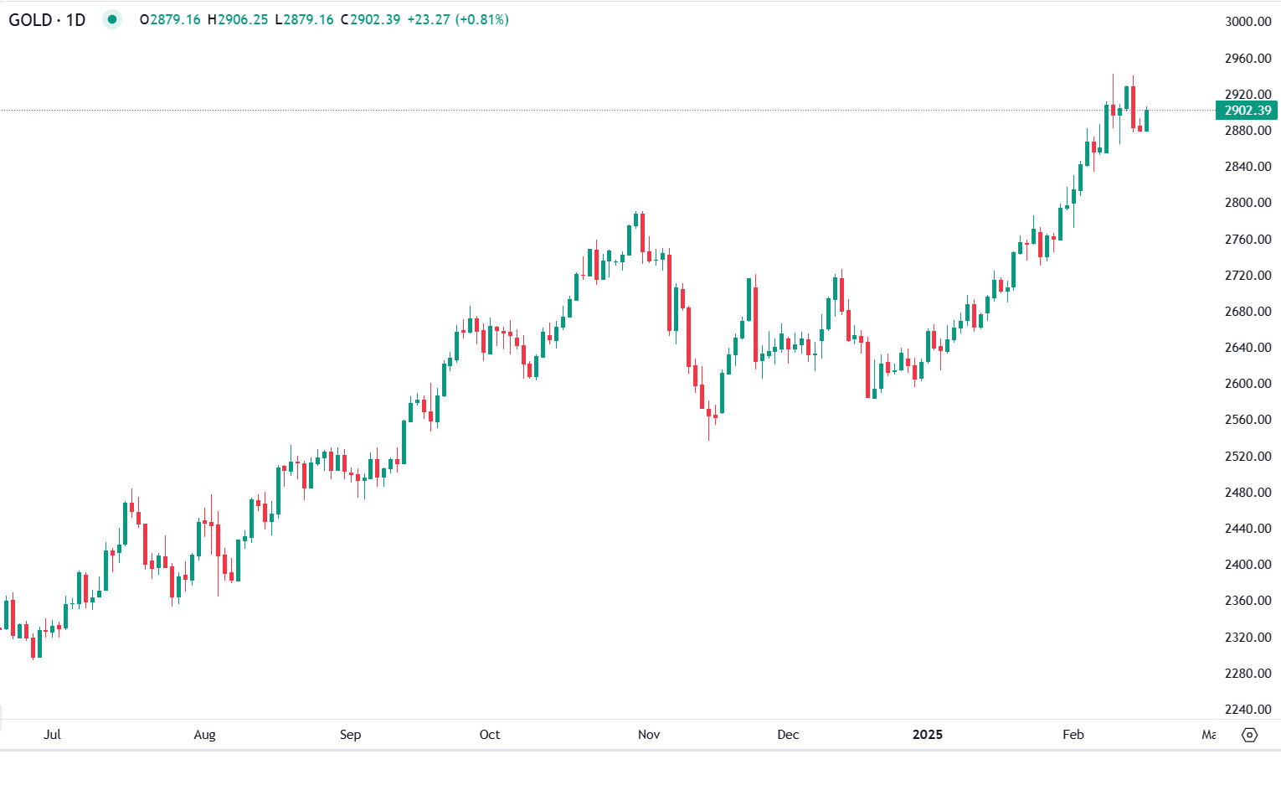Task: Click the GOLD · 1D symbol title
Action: point(47,19)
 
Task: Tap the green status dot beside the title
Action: point(112,19)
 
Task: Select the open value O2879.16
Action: point(170,19)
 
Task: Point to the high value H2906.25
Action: point(238,19)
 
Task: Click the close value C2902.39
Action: point(370,19)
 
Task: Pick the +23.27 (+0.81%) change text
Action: point(457,19)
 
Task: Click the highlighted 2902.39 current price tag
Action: point(1247,111)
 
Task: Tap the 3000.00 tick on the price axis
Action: point(1248,22)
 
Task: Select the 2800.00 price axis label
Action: point(1248,203)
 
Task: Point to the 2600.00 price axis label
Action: point(1248,384)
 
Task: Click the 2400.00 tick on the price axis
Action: point(1248,565)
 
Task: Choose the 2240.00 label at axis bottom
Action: point(1248,710)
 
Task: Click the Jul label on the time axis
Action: point(52,735)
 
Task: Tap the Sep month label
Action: point(350,735)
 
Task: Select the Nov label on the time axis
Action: point(649,735)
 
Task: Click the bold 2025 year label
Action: point(927,735)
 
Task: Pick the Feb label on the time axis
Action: point(1073,735)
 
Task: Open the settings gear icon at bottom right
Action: point(1249,735)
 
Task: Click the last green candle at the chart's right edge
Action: point(1146,121)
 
